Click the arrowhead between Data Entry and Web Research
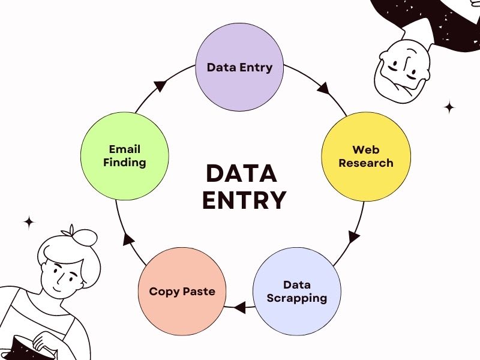tap(323, 88)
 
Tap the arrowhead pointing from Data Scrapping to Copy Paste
tap(240, 308)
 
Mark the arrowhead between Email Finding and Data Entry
tap(160, 86)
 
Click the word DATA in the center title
tap(241, 173)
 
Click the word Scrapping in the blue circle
tap(296, 298)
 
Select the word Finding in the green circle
tap(124, 162)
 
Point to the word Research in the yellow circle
tap(365, 163)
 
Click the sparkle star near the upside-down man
tap(449, 107)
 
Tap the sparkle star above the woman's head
tap(29, 222)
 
